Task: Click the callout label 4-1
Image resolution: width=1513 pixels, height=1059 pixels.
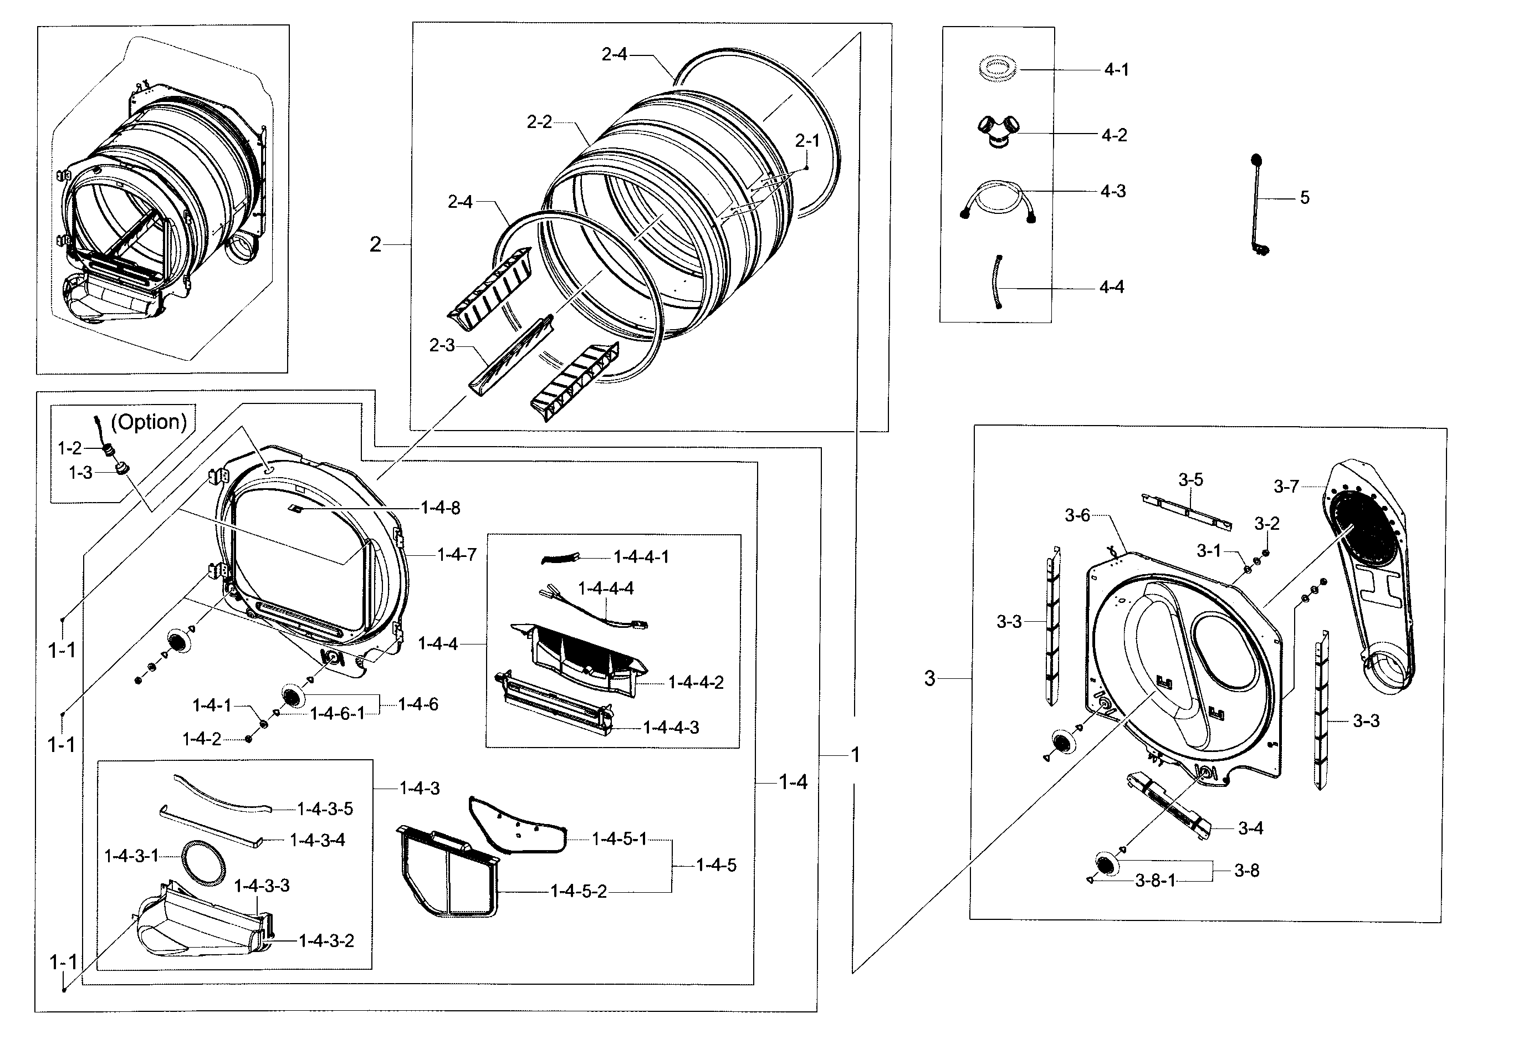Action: coord(1116,70)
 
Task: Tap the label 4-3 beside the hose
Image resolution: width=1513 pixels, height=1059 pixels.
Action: coord(1113,191)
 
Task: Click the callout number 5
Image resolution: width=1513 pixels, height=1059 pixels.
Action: coord(1304,198)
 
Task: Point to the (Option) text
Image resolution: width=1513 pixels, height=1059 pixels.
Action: coord(149,422)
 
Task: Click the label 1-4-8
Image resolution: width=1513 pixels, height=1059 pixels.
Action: coord(440,508)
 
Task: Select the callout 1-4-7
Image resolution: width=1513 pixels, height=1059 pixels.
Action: coord(457,555)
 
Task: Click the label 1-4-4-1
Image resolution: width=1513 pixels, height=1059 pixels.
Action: coord(641,557)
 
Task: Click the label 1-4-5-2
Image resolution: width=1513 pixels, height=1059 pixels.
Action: coord(578,892)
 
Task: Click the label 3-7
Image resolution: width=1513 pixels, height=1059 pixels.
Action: coord(1286,487)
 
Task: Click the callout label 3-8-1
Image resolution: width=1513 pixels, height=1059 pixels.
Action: coord(1154,881)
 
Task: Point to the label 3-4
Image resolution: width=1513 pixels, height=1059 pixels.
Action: coord(1250,828)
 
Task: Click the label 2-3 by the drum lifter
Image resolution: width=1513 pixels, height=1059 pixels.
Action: coord(442,345)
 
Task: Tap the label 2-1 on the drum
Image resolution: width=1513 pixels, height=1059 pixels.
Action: coord(806,141)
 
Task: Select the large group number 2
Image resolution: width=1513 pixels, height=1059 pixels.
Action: coord(375,245)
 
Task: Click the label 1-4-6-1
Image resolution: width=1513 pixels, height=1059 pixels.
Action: coord(337,714)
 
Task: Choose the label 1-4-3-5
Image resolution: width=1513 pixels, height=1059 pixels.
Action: coord(325,809)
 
